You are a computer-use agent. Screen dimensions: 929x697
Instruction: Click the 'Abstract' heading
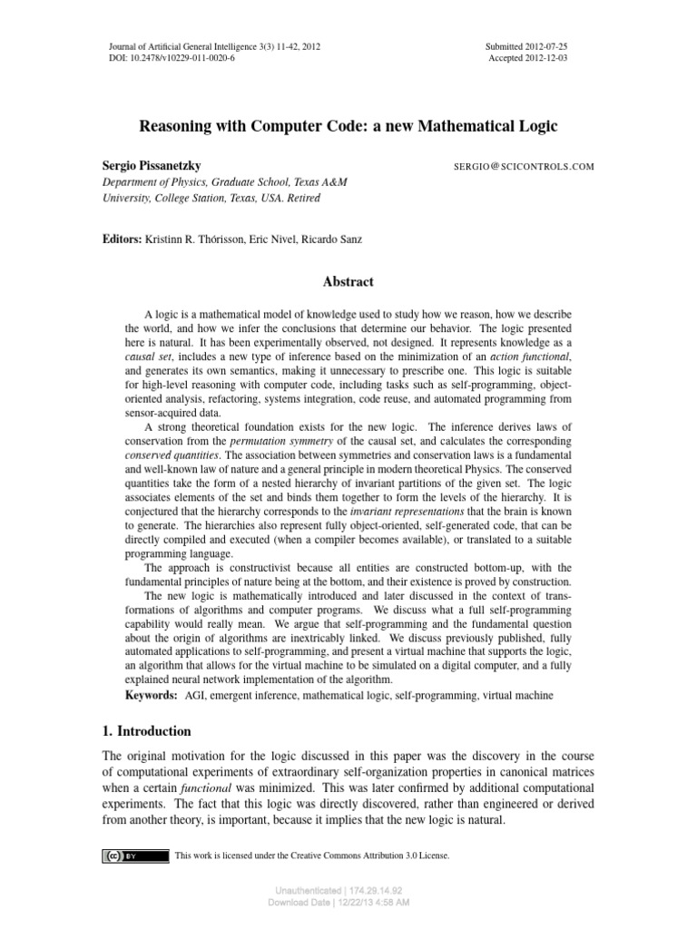coord(348,282)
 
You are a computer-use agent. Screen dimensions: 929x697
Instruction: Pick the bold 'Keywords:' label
coord(151,695)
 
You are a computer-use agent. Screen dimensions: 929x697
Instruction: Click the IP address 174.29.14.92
coord(371,891)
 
